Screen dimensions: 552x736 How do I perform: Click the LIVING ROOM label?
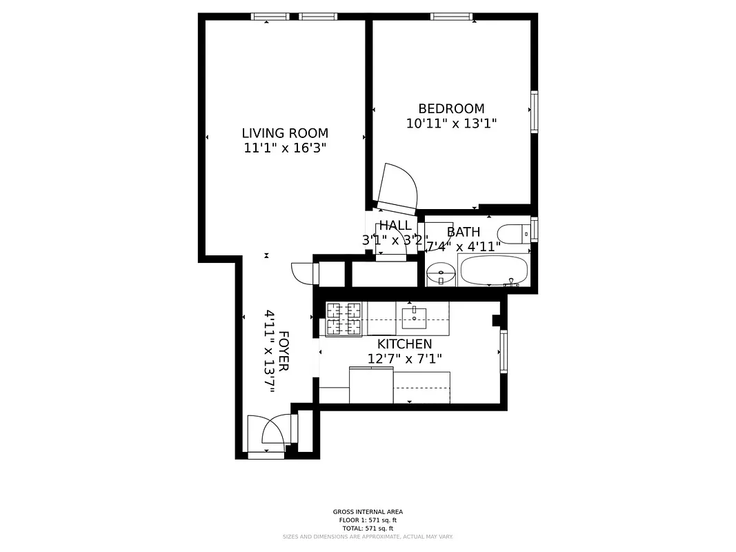pyautogui.click(x=284, y=133)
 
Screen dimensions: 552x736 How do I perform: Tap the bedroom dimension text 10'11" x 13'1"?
pyautogui.click(x=451, y=124)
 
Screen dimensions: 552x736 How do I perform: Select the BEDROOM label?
pyautogui.click(x=451, y=108)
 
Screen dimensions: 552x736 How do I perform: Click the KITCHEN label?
pyautogui.click(x=404, y=344)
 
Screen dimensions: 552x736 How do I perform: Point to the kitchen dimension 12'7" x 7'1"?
pyautogui.click(x=404, y=359)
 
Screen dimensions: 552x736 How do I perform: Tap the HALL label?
pyautogui.click(x=395, y=226)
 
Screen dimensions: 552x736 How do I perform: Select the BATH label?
pyautogui.click(x=463, y=232)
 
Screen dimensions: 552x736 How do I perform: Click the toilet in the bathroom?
pyautogui.click(x=513, y=235)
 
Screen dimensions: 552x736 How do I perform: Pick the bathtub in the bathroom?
pyautogui.click(x=493, y=270)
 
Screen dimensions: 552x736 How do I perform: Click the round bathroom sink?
pyautogui.click(x=440, y=275)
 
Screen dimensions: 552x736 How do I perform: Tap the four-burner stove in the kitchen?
pyautogui.click(x=344, y=319)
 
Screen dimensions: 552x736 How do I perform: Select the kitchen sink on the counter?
pyautogui.click(x=414, y=317)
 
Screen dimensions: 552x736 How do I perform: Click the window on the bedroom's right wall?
pyautogui.click(x=534, y=112)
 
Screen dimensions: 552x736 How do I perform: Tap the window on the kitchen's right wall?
pyautogui.click(x=504, y=351)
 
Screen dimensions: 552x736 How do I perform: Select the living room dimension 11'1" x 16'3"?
pyautogui.click(x=284, y=148)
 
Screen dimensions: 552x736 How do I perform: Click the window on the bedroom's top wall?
pyautogui.click(x=452, y=17)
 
